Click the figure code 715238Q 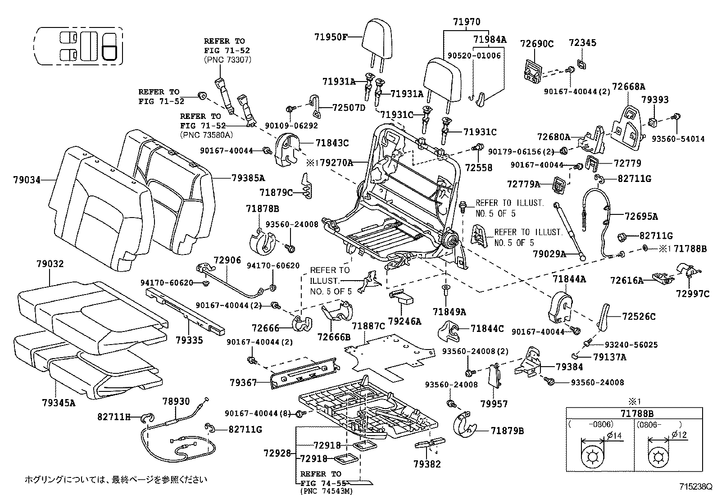click(x=696, y=486)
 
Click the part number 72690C click(x=536, y=44)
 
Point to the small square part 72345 click(x=582, y=64)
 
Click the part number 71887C click(x=368, y=326)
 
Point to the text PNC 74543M click(x=327, y=490)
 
